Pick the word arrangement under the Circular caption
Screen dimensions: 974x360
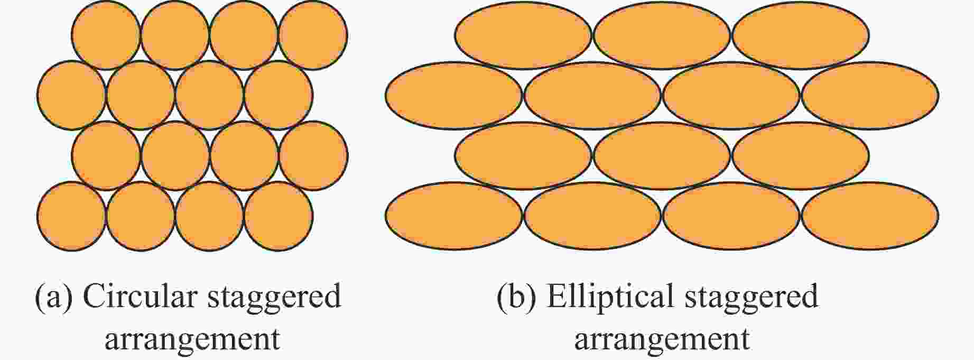click(x=192, y=339)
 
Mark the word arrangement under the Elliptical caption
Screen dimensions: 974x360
click(x=662, y=339)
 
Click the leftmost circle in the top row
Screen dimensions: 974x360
click(x=106, y=35)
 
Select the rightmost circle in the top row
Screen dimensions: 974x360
click(x=313, y=35)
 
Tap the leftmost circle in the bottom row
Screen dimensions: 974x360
click(x=71, y=216)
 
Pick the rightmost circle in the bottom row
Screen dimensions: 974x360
click(x=279, y=216)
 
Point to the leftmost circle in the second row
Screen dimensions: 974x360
click(x=71, y=95)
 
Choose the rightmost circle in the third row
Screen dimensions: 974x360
click(x=313, y=156)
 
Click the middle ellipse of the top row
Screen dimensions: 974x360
click(x=662, y=35)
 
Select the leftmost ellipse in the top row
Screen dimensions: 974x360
click(x=523, y=35)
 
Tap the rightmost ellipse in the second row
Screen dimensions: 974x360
click(x=870, y=96)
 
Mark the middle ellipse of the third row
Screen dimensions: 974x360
click(x=662, y=156)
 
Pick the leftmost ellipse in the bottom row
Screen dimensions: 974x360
click(x=454, y=216)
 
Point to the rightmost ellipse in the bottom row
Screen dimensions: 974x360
click(x=870, y=216)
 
